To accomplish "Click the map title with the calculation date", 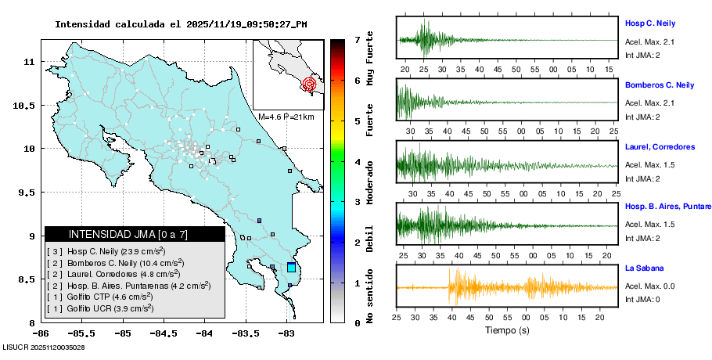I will (181, 24).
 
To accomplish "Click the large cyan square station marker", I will (292, 268).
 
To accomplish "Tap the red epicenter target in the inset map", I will (309, 84).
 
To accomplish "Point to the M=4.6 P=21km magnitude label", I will (286, 117).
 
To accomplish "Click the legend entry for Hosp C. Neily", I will (106, 251).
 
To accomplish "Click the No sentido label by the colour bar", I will (369, 294).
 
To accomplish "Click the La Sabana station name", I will (645, 268).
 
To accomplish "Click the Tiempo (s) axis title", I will (507, 330).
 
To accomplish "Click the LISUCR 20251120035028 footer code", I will (44, 347).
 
